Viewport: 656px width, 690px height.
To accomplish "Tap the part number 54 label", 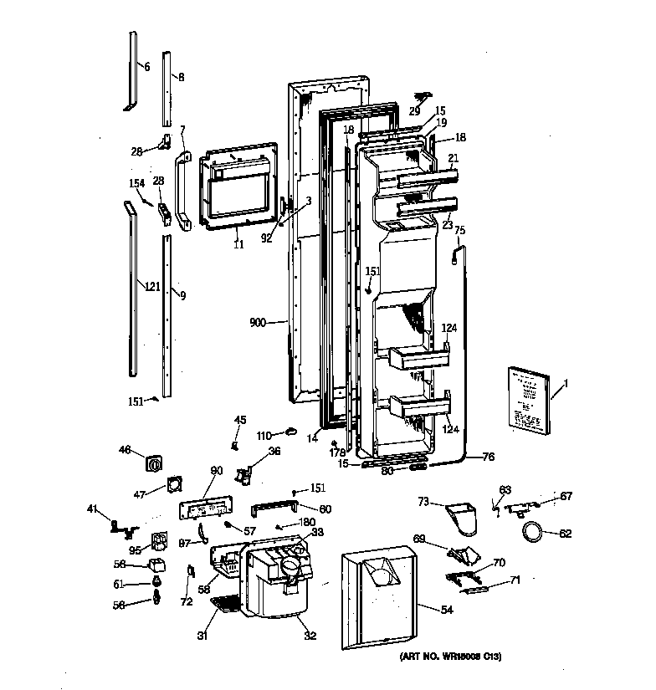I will click(x=446, y=610).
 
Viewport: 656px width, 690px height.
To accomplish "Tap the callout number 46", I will click(x=126, y=450).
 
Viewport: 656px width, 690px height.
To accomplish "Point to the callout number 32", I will click(x=310, y=636).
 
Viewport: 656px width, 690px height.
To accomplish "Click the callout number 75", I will click(x=459, y=230).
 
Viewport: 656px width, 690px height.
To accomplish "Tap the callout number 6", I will click(x=146, y=66).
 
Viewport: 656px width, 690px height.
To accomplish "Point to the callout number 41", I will click(x=93, y=509).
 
